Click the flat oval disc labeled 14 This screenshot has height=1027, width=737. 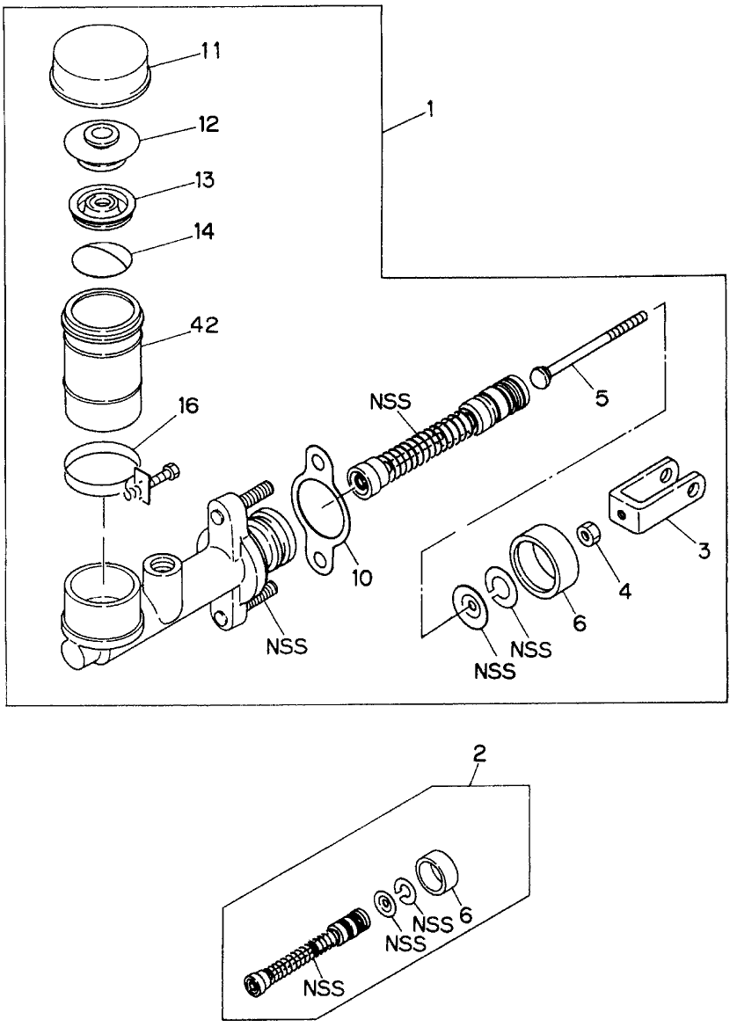coord(102,259)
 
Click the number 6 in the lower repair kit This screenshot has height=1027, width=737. coord(466,914)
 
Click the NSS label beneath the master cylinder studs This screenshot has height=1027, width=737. coord(288,647)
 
